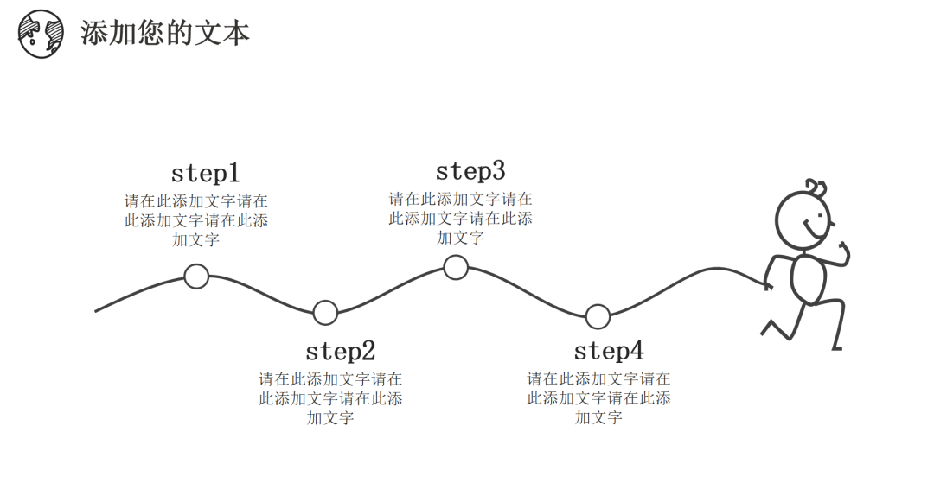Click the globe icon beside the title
tap(42, 34)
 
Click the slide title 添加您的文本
tap(165, 33)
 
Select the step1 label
tap(205, 173)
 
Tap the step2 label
tap(340, 352)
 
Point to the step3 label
tap(470, 170)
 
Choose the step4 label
tap(609, 351)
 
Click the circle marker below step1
tap(197, 277)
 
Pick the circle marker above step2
tap(325, 312)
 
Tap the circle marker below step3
tap(456, 267)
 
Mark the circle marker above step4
tap(598, 317)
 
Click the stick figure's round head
tap(803, 219)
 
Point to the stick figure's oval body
tap(809, 278)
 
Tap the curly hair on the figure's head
tap(815, 187)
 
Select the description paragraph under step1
tap(196, 220)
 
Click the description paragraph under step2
tap(330, 398)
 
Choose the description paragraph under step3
tap(460, 218)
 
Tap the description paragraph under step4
tap(598, 398)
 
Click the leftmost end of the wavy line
tap(97, 309)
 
